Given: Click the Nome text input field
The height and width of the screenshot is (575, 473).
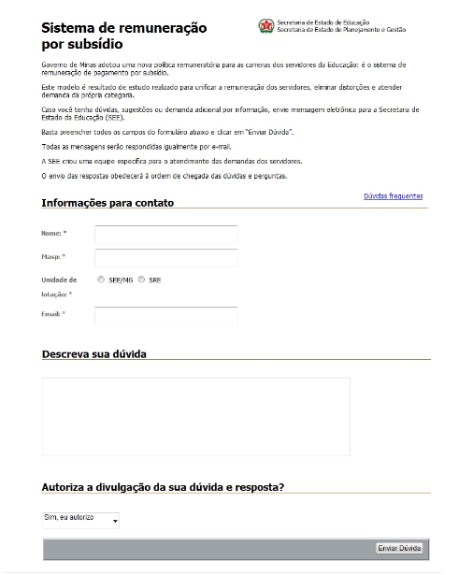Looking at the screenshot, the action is click(166, 235).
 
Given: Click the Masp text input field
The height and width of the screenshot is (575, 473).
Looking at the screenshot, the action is click(166, 257).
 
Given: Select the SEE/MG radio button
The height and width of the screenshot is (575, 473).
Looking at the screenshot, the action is click(100, 280).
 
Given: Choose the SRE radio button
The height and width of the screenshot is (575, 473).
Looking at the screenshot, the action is click(142, 280).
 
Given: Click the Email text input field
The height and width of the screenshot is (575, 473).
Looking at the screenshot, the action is click(166, 316).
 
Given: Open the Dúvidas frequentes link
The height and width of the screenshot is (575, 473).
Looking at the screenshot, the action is click(393, 196).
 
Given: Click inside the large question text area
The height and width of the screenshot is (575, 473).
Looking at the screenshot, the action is click(196, 416).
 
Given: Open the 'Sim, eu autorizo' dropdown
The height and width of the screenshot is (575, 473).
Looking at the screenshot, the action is click(81, 519).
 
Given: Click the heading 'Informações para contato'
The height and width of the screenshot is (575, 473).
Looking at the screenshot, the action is click(107, 203).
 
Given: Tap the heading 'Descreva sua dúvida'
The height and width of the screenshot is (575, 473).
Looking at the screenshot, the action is click(94, 354).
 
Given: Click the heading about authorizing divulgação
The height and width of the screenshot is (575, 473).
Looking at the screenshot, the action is click(164, 487).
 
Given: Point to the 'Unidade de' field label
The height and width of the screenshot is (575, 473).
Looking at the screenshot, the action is click(59, 280).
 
